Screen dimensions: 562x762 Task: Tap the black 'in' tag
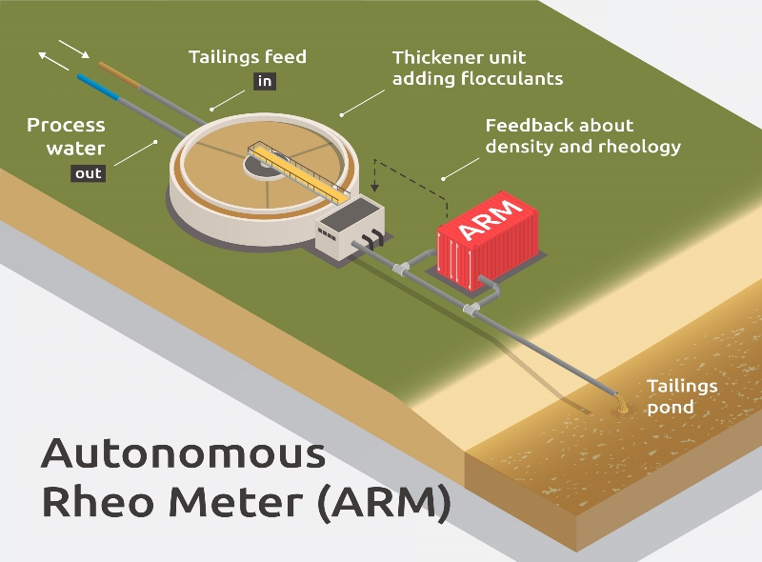[x=265, y=82]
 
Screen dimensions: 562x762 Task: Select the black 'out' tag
[x=89, y=173]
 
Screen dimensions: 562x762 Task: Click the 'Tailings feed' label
[x=248, y=57]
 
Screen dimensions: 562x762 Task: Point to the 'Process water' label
[x=66, y=136]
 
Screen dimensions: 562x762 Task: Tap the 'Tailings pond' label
[x=682, y=396]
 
